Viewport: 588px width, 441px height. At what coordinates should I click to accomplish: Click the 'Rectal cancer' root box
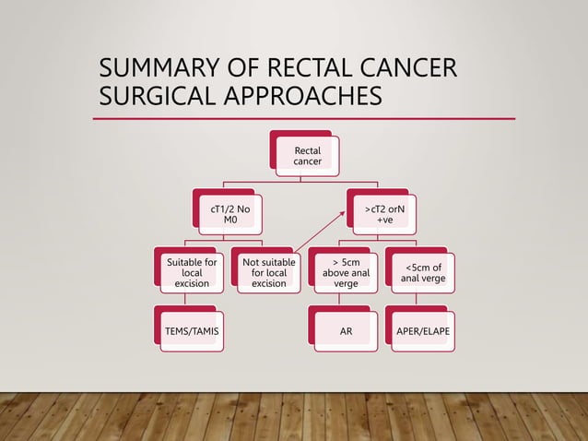[x=308, y=156]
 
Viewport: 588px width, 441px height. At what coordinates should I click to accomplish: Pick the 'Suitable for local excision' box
[x=193, y=273]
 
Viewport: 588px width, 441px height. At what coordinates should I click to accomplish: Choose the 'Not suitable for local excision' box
[x=268, y=273]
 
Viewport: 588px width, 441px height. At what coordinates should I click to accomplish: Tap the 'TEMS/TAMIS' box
[x=193, y=329]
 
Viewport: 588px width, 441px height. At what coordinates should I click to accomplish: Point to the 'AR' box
[x=343, y=329]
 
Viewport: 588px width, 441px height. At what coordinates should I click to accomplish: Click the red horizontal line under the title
[x=304, y=119]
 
